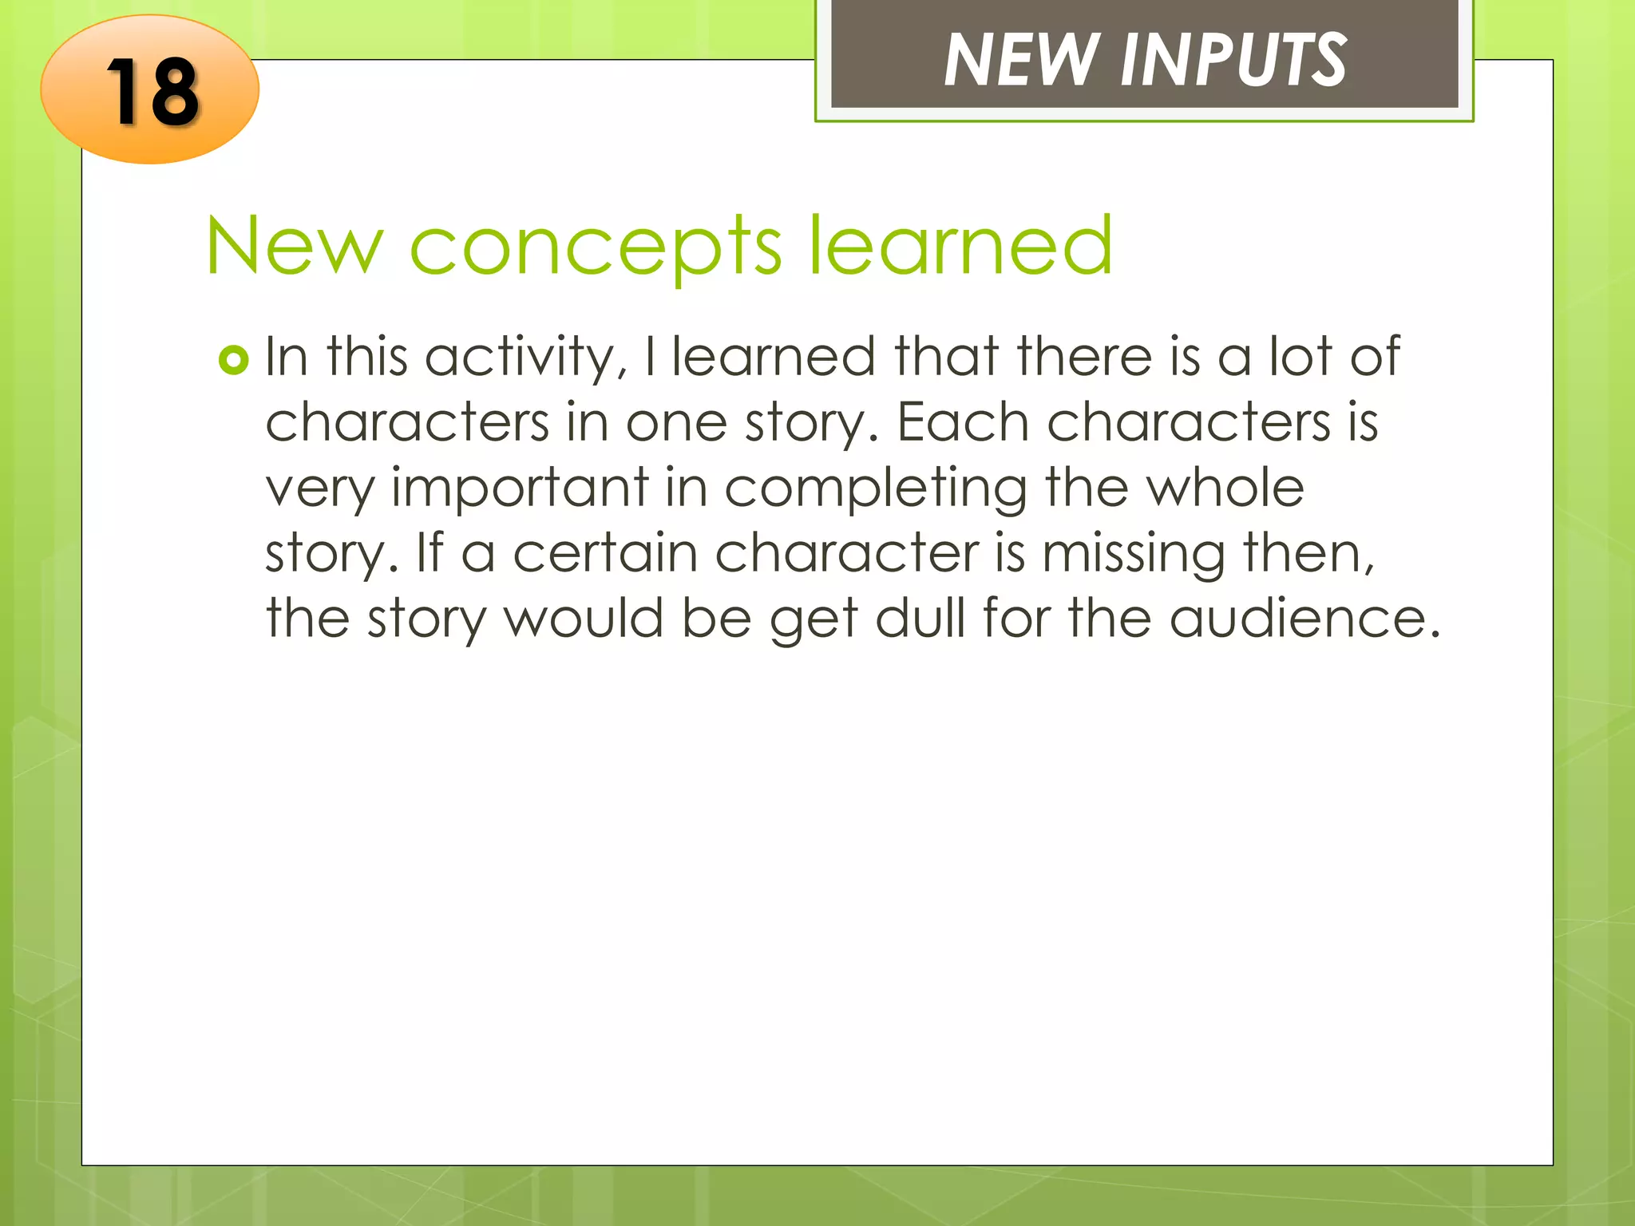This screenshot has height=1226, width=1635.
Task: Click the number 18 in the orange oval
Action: pyautogui.click(x=152, y=93)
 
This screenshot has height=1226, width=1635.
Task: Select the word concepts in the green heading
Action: pyautogui.click(x=595, y=247)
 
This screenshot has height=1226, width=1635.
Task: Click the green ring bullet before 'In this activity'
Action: pyautogui.click(x=233, y=361)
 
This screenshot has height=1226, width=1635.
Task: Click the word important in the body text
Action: pyautogui.click(x=520, y=488)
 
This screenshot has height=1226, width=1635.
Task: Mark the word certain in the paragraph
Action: pyautogui.click(x=604, y=552)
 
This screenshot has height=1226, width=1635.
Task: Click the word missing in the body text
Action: pyautogui.click(x=1133, y=554)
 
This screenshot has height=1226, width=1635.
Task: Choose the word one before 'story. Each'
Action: pyautogui.click(x=675, y=422)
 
